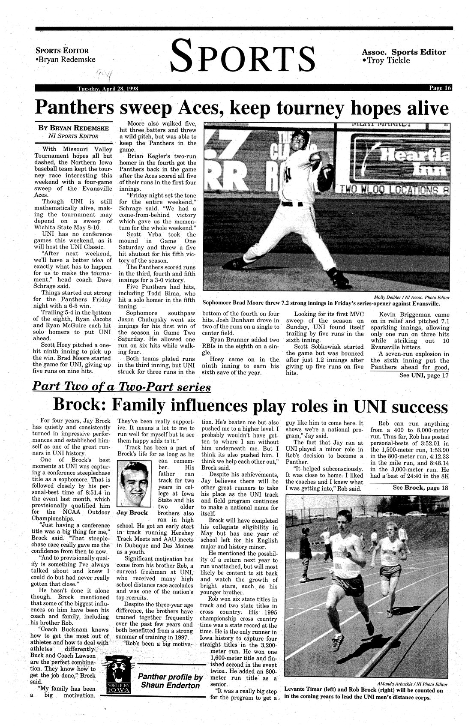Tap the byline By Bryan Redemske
pos(73,128)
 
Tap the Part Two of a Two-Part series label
pos(122,387)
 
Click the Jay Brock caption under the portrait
pos(132,512)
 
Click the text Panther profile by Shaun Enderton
pos(170,681)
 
